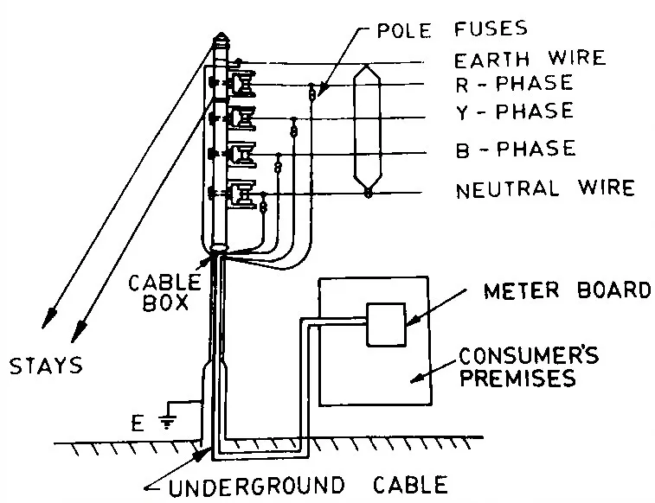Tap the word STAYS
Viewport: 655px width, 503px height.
(46, 366)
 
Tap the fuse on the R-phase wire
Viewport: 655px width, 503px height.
(312, 92)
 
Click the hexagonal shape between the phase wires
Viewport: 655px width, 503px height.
(369, 132)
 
